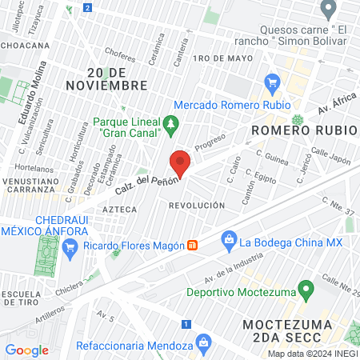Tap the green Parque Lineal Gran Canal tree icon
(x=170, y=124)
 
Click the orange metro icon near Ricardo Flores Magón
(x=192, y=244)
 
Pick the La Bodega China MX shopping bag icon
(x=229, y=238)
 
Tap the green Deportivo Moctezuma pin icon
(x=305, y=288)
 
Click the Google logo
(x=26, y=350)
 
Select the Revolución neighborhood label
(x=196, y=206)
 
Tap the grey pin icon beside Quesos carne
(x=327, y=9)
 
